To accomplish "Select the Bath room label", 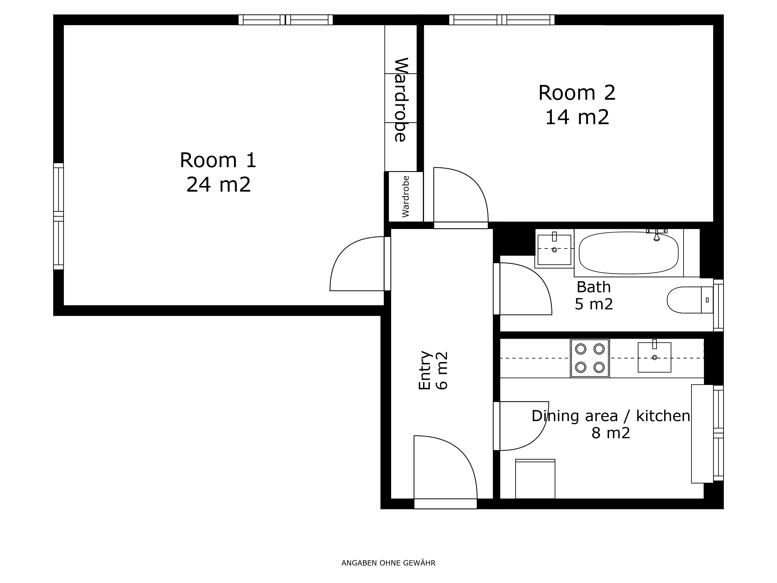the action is click(594, 287).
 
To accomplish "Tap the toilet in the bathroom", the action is click(690, 300).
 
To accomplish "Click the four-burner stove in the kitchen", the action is click(590, 358).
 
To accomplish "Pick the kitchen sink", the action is click(654, 357).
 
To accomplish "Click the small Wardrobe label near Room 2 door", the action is click(406, 196).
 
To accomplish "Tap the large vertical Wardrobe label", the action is click(400, 100).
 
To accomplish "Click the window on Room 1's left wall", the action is click(58, 216).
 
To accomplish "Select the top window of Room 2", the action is click(502, 20).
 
